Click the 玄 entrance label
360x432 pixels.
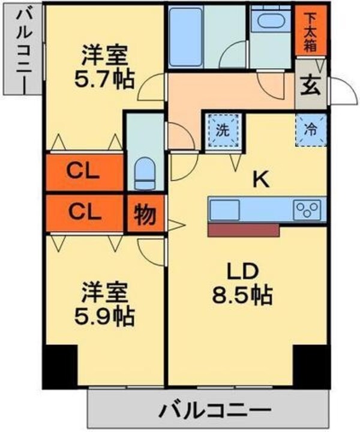310,88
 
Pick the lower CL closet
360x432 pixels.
84,212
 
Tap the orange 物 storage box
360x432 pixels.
143,214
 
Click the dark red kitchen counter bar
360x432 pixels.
244,230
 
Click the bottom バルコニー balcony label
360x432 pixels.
213,412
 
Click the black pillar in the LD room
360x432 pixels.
311,366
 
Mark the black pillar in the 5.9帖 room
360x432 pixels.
59,366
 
